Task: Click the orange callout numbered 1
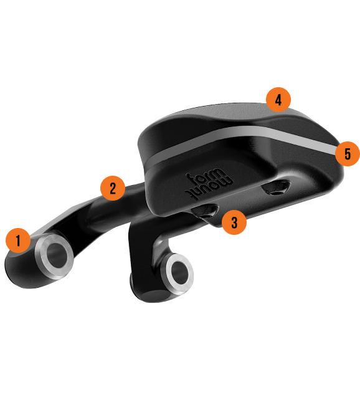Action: click(18, 240)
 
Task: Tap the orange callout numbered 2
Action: click(113, 188)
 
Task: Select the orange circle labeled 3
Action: click(234, 222)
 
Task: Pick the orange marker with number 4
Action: click(278, 100)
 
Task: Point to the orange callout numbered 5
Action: click(348, 154)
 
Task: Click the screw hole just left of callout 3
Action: click(206, 211)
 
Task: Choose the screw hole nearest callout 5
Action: click(276, 188)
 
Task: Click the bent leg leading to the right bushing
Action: click(143, 245)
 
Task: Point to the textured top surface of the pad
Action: click(224, 112)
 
